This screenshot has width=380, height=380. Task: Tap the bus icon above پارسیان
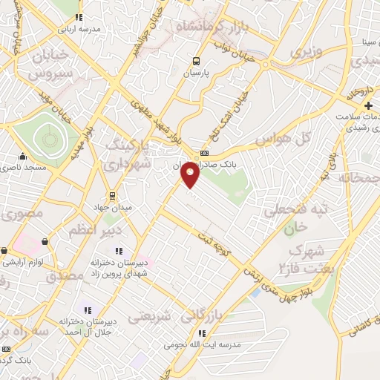pyautogui.click(x=196, y=62)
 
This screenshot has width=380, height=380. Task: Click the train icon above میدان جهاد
pyautogui.click(x=111, y=196)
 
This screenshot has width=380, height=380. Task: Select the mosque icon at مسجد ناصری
pyautogui.click(x=23, y=157)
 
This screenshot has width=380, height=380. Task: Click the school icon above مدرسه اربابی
pyautogui.click(x=79, y=16)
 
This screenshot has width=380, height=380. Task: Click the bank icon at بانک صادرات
pyautogui.click(x=205, y=153)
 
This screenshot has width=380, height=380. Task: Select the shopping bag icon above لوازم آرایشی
pyautogui.click(x=46, y=241)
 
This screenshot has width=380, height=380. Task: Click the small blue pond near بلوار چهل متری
pyautogui.click(x=256, y=292)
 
